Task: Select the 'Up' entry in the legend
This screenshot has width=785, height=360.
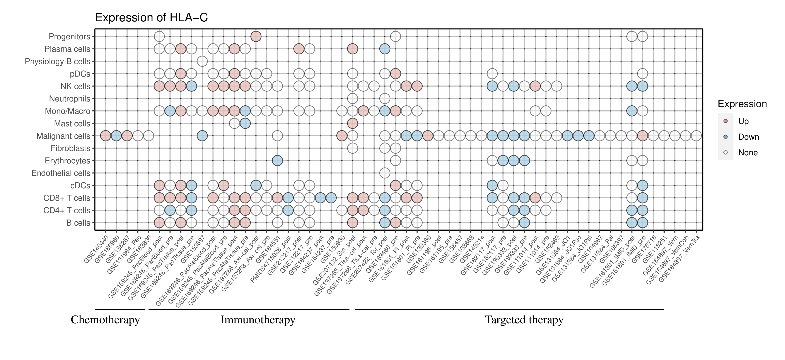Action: pyautogui.click(x=743, y=121)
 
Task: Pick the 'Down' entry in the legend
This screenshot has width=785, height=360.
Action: pyautogui.click(x=748, y=137)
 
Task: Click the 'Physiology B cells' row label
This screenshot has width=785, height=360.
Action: pyautogui.click(x=58, y=62)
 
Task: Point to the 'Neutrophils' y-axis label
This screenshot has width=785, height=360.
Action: pyautogui.click(x=70, y=99)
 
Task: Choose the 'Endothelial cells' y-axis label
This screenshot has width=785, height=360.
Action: pyautogui.click(x=61, y=173)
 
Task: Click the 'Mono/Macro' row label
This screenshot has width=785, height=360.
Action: pyautogui.click(x=68, y=111)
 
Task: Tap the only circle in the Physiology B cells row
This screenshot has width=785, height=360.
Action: pyautogui.click(x=202, y=61)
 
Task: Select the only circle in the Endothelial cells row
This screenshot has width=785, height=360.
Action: pyautogui.click(x=385, y=173)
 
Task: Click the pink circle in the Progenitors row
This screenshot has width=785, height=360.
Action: pyautogui.click(x=256, y=37)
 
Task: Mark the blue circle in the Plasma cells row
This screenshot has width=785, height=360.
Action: pyautogui.click(x=385, y=49)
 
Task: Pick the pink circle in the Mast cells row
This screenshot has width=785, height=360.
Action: pyautogui.click(x=352, y=123)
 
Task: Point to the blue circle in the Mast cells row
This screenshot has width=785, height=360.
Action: pyautogui.click(x=245, y=123)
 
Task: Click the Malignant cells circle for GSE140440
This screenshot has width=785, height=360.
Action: pyautogui.click(x=106, y=136)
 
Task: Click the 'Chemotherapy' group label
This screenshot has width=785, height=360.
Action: pyautogui.click(x=105, y=320)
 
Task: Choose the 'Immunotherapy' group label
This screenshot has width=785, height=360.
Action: pyautogui.click(x=258, y=320)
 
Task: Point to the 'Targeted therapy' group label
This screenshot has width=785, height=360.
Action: pyautogui.click(x=524, y=320)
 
